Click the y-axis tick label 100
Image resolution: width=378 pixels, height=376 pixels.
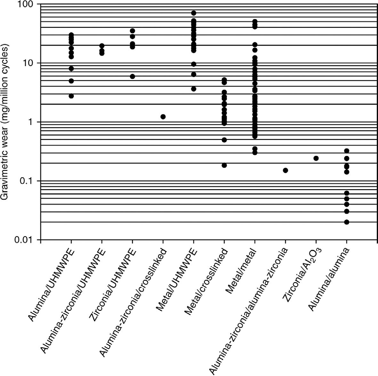coord(26,4)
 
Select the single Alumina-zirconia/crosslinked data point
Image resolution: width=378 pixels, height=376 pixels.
coord(163,117)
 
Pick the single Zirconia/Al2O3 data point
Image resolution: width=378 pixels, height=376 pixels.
coord(316,158)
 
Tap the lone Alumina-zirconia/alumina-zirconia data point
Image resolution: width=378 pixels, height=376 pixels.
coord(286,170)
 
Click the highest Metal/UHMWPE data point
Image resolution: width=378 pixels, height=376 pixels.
coord(194,13)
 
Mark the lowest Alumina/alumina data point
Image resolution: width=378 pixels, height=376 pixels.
coord(347,222)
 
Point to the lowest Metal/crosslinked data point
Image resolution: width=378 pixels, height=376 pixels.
coord(224,165)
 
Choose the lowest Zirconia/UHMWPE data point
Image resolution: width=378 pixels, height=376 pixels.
coord(133,76)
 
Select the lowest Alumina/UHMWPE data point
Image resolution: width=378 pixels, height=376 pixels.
coord(71,96)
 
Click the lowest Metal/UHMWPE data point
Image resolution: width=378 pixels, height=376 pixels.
coord(194,89)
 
